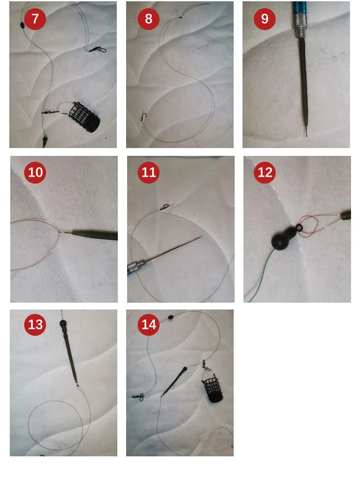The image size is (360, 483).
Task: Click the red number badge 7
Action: point(35,19)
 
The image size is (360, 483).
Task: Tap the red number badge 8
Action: point(149,19)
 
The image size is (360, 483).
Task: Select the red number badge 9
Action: point(265,19)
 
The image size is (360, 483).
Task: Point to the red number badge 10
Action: point(35,173)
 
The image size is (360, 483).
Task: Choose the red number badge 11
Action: point(149,173)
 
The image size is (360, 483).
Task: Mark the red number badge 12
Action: point(265,173)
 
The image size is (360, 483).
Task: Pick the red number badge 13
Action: point(35,325)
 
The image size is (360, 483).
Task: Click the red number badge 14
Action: point(149,325)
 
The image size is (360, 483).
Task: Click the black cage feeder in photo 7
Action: point(84,117)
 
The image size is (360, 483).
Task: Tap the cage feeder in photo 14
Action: point(212,389)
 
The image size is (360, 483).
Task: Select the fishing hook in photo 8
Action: point(144,117)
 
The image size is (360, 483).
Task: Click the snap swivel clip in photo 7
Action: point(98,49)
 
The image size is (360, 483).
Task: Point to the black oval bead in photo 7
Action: point(22,25)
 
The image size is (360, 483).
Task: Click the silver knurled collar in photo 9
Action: point(299,26)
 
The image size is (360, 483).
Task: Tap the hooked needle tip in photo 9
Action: point(306,133)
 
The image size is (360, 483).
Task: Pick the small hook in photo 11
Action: point(165,207)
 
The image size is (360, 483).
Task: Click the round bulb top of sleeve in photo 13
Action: point(63,324)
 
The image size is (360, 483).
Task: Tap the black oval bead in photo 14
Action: point(170,318)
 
